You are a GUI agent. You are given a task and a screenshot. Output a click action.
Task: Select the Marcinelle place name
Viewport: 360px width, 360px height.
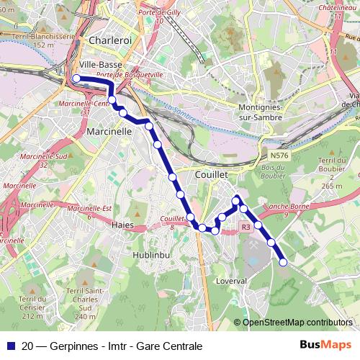(109, 132)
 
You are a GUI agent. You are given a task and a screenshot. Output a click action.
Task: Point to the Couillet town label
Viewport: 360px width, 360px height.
(211, 174)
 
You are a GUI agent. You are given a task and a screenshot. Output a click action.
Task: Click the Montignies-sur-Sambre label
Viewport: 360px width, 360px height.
(264, 113)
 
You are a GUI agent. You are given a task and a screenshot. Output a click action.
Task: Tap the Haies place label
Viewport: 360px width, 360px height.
(124, 225)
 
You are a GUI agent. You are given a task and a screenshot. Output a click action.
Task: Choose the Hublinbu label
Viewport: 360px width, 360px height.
(150, 255)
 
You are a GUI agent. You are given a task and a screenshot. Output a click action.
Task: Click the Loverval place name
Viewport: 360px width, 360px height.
(232, 281)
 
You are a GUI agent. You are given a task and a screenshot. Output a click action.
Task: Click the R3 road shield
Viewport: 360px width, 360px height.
(246, 227)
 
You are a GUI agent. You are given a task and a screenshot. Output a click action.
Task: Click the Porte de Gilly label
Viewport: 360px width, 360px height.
(159, 14)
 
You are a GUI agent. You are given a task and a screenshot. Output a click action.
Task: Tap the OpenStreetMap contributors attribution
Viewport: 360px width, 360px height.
(297, 323)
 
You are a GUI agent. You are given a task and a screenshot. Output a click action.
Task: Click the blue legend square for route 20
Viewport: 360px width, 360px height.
(11, 346)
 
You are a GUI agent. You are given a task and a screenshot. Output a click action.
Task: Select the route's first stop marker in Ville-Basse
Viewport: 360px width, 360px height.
(76, 79)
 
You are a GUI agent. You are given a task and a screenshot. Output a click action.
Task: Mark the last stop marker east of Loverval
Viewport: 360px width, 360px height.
(283, 262)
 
